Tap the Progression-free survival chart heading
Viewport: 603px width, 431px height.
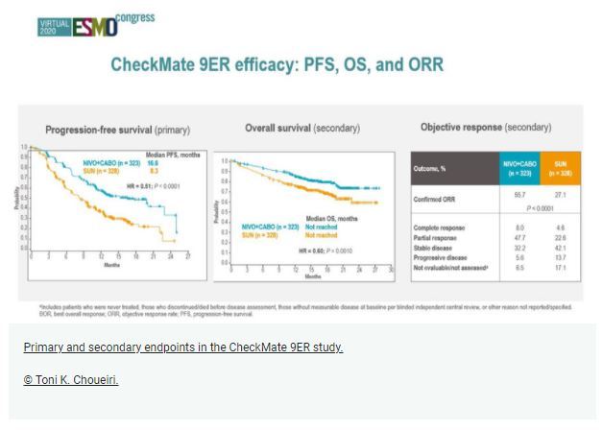coord(118,129)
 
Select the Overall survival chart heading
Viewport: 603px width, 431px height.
coord(301,128)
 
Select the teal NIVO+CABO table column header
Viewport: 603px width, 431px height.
coord(519,166)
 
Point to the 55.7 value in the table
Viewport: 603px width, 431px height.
coord(519,194)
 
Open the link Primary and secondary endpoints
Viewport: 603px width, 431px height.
coord(182,347)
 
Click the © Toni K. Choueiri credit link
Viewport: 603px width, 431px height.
coord(70,380)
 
